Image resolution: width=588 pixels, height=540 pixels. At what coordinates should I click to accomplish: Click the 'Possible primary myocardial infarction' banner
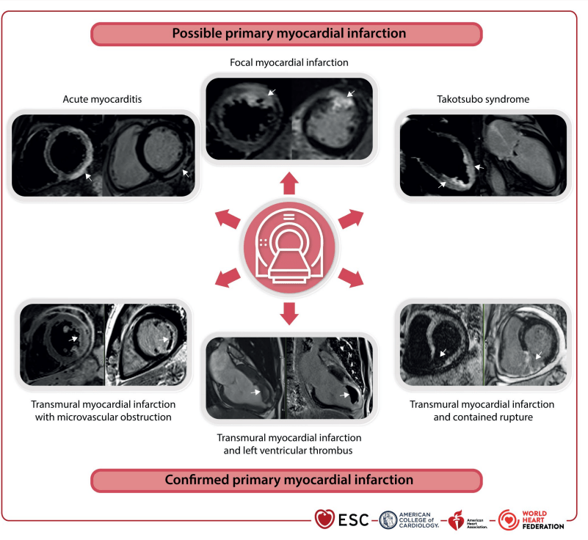286,34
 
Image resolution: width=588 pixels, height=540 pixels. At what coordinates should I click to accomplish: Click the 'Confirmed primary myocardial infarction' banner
286,481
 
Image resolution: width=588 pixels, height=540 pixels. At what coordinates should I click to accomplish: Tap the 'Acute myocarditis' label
102,99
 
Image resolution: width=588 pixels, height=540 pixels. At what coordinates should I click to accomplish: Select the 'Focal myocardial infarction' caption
288,62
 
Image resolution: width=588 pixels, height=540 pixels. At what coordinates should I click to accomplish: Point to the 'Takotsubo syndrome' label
483,99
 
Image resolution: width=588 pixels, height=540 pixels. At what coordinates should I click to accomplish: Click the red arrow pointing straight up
289,183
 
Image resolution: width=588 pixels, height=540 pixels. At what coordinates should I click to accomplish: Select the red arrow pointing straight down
289,314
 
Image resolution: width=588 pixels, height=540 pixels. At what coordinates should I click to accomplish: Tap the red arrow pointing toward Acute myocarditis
228,219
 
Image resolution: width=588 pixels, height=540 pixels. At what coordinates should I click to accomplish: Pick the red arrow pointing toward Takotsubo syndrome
352,219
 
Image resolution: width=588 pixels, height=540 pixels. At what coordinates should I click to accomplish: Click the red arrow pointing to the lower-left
228,277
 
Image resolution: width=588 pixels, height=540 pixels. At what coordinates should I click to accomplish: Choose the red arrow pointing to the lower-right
352,277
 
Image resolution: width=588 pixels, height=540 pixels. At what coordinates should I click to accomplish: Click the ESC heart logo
324,519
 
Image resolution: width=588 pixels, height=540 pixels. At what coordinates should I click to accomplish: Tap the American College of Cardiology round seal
388,520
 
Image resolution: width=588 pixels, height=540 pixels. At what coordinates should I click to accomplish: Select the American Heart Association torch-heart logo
457,520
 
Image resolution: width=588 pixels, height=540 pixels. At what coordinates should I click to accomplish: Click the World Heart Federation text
542,520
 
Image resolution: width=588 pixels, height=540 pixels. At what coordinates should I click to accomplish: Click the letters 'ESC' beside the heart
353,520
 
